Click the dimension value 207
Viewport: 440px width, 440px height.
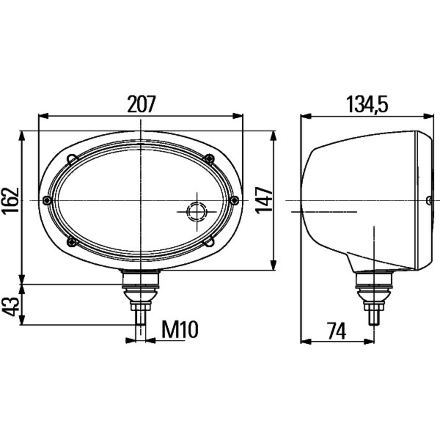[142, 104]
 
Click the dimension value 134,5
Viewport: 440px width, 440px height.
[367, 104]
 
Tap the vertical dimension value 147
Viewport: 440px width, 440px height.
[264, 200]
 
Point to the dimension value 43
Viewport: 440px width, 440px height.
[11, 307]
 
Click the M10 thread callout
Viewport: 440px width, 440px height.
[180, 330]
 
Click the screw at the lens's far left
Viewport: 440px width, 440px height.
[47, 201]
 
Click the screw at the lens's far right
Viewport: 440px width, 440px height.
[234, 201]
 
